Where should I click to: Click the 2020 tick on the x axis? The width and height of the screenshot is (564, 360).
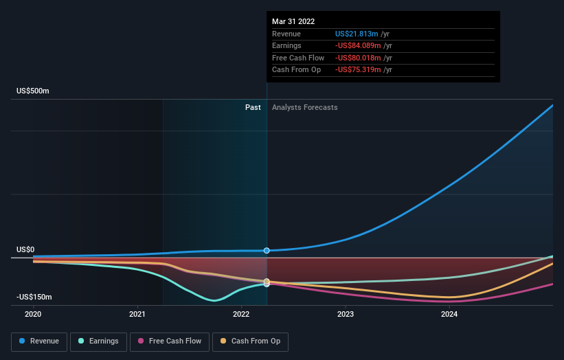[x=33, y=314]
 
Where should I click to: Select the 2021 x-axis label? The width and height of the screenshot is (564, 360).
[x=137, y=314]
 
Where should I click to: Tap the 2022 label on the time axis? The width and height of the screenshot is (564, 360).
[x=241, y=314]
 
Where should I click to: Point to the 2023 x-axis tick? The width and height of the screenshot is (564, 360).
[x=345, y=314]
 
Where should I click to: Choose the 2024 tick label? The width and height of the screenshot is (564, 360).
[x=449, y=314]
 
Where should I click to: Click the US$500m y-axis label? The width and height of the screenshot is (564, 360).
[x=33, y=91]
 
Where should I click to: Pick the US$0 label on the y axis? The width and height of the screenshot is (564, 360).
[x=26, y=250]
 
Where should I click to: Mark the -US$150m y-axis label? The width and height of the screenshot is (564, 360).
[x=34, y=297]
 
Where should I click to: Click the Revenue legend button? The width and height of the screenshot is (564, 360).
[x=39, y=341]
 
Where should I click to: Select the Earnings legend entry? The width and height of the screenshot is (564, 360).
[x=98, y=341]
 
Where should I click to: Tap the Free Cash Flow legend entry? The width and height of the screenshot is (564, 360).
[x=170, y=341]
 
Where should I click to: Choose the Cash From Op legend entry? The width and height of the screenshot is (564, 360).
[x=250, y=341]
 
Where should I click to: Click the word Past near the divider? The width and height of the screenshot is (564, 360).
[x=253, y=107]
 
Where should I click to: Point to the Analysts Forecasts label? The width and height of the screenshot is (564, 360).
[x=304, y=107]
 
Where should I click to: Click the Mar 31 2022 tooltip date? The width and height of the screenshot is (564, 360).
[x=293, y=21]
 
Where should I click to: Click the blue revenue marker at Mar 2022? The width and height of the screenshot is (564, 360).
[x=267, y=251]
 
